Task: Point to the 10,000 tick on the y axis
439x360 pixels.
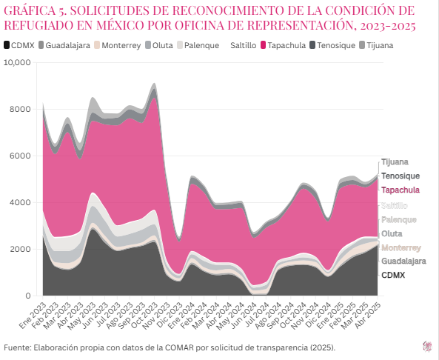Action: point(17,63)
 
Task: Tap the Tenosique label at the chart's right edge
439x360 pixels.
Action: point(401,176)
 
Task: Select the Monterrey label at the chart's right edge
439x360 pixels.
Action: point(401,247)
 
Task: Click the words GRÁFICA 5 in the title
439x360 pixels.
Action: point(33,12)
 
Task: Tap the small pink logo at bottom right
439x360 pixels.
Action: point(426,346)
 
